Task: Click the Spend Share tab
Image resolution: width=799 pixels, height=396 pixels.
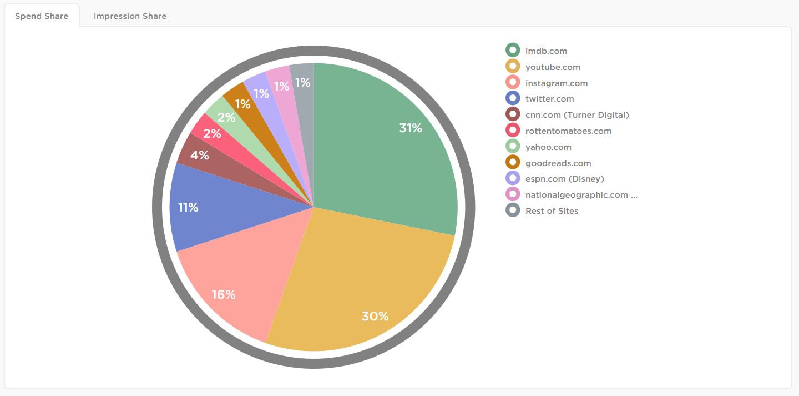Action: point(42,16)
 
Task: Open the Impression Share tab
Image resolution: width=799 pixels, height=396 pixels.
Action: point(130,16)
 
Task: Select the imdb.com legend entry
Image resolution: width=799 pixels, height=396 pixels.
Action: point(546,51)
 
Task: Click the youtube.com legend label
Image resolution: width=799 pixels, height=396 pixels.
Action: point(553,67)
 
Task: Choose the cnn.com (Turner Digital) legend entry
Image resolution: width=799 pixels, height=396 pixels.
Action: point(577,115)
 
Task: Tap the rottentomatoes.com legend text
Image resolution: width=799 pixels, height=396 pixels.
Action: point(568,131)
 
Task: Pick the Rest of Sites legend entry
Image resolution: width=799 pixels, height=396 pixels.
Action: point(552,211)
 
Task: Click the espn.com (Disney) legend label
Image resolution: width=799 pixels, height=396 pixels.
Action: point(564,179)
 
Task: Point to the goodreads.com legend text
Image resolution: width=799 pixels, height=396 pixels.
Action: point(558,163)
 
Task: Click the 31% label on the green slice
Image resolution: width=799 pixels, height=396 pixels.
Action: point(411,128)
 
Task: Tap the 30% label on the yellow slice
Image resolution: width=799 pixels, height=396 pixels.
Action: point(375,317)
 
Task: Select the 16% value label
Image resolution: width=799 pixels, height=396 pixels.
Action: point(224,295)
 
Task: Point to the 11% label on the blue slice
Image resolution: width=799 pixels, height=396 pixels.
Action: point(188,208)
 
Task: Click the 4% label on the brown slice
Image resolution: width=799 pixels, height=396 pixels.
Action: point(199,156)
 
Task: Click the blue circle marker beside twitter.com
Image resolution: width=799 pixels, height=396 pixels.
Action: point(513,99)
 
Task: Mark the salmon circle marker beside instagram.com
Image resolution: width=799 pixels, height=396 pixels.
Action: point(513,83)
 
